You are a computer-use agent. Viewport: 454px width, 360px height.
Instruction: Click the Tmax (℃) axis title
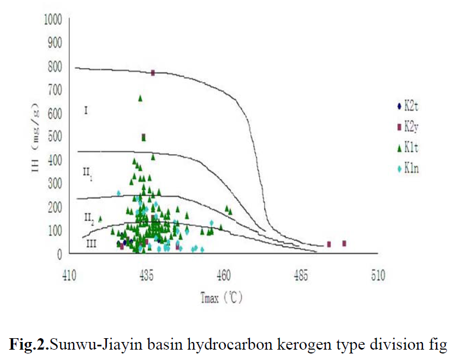pyautogui.click(x=220, y=298)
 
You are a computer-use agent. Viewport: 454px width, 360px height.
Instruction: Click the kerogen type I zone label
pyautogui.click(x=86, y=111)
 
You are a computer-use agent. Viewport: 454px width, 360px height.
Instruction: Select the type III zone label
pyautogui.click(x=91, y=244)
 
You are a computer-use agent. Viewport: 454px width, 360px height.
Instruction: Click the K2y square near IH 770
pyautogui.click(x=153, y=73)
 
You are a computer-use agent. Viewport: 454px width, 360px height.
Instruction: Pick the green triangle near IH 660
pyautogui.click(x=140, y=98)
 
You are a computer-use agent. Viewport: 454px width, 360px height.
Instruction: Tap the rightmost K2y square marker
pyautogui.click(x=344, y=243)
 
